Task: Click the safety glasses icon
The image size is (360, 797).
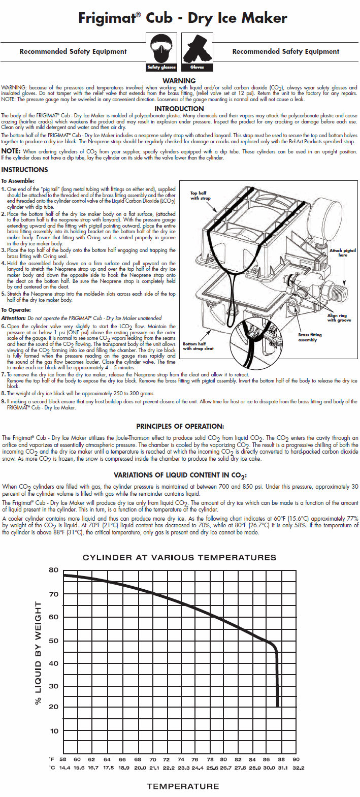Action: (161, 51)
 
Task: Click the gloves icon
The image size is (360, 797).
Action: (197, 51)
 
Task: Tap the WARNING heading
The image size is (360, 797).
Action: (179, 81)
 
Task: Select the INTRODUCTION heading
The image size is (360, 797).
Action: (179, 109)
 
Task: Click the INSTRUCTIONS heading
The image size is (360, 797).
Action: (24, 170)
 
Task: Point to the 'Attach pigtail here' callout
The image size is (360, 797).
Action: (343, 252)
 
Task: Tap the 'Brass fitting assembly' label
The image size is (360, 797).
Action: (310, 337)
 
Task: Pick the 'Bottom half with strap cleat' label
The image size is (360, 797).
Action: (198, 346)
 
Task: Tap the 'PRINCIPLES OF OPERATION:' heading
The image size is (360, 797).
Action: (180, 426)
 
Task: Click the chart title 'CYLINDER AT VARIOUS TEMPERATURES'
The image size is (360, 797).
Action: (179, 557)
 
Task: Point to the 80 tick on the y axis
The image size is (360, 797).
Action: (54, 570)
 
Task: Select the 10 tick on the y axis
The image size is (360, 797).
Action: (54, 731)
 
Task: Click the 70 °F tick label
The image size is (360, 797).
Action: (153, 759)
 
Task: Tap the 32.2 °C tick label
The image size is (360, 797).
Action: (299, 768)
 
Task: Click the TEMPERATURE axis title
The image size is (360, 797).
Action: (183, 786)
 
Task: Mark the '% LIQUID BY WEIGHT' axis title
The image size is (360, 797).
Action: (38, 653)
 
